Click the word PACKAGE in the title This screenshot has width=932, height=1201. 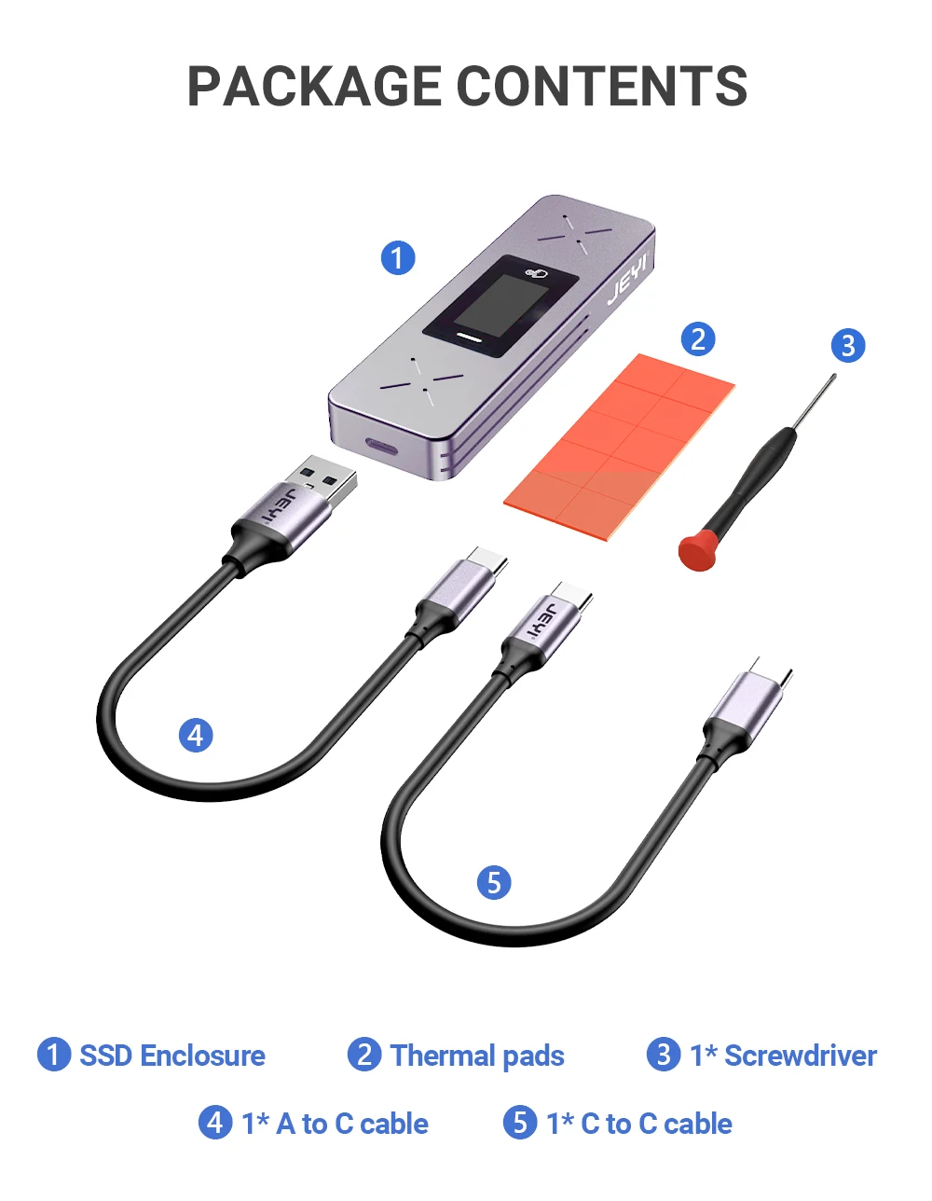coord(314,86)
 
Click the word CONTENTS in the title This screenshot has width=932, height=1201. coord(602,86)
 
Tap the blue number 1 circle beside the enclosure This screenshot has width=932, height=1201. coord(398,257)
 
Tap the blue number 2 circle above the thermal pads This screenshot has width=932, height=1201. coord(698,338)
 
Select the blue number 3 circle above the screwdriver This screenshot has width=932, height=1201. coord(848,345)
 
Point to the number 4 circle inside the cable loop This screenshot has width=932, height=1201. coord(196,735)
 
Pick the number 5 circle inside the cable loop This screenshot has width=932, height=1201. coord(494,881)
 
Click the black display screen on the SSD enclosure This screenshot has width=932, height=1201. coord(500,306)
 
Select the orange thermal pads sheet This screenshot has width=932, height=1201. coord(619,448)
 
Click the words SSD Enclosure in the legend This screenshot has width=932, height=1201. coord(172,1056)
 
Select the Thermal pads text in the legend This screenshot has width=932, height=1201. coord(477,1056)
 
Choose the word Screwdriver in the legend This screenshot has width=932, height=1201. coord(801,1056)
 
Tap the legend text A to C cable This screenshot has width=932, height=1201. coord(352,1124)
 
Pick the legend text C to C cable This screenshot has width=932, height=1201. coord(656,1124)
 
